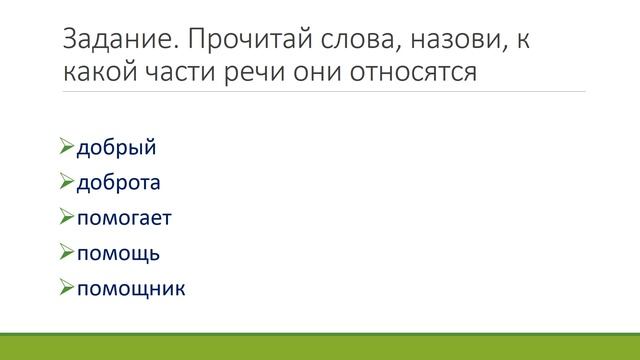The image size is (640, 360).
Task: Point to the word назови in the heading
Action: (x=456, y=42)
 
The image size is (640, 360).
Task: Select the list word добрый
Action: (x=117, y=150)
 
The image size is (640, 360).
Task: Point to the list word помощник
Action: (x=131, y=288)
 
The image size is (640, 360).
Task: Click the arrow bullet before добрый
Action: (x=67, y=150)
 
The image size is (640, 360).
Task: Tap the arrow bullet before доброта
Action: (x=67, y=184)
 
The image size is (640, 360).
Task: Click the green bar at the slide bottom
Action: (x=320, y=346)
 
